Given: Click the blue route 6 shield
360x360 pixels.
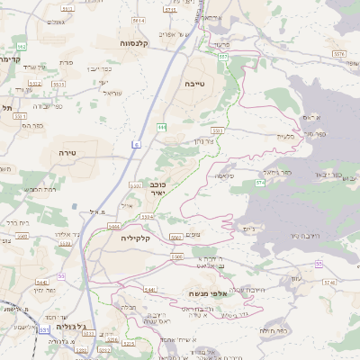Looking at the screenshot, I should pyautogui.click(x=136, y=144).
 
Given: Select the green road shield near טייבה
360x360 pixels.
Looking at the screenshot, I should pyautogui.click(x=161, y=128).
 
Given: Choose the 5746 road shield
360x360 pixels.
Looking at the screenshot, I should pyautogui.click(x=329, y=282).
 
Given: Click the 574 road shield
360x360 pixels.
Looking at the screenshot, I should pyautogui.click(x=259, y=183).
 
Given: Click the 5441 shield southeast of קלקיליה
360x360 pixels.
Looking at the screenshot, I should pyautogui.click(x=150, y=289).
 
